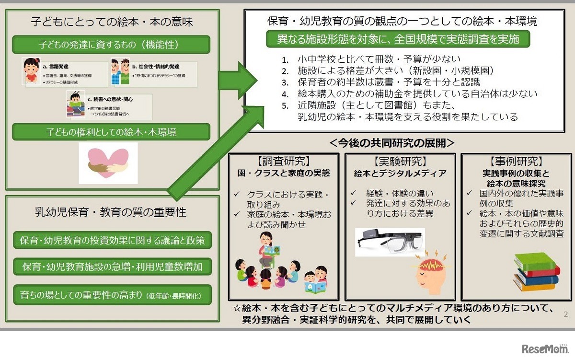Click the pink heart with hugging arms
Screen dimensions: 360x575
pyautogui.click(x=108, y=163)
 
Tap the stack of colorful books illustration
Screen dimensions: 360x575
pyautogui.click(x=536, y=272)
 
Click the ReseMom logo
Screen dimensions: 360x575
pyautogui.click(x=545, y=347)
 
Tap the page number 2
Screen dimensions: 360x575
pyautogui.click(x=565, y=314)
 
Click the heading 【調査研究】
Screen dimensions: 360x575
pyautogui.click(x=283, y=162)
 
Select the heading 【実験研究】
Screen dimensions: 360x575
pyautogui.click(x=400, y=162)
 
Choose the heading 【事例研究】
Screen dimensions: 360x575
pyautogui.click(x=516, y=162)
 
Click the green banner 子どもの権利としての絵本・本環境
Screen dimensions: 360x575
pyautogui.click(x=111, y=132)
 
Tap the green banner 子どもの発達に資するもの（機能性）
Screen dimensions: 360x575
pyautogui.click(x=111, y=45)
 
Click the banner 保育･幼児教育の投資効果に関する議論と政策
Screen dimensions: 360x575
pyautogui.click(x=112, y=240)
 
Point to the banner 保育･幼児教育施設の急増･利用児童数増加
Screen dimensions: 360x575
pyautogui.click(x=112, y=267)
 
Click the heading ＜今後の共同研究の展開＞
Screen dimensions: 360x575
pyautogui.click(x=391, y=143)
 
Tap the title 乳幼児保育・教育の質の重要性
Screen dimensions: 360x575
pyautogui.click(x=111, y=211)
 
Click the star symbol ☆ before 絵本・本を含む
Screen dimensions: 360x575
pyautogui.click(x=236, y=308)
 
